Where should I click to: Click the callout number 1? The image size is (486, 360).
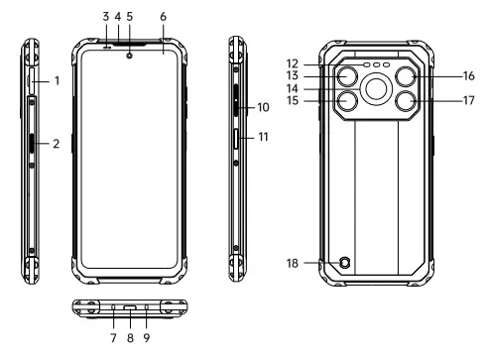click(58, 80)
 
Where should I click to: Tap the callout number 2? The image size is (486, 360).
click(57, 144)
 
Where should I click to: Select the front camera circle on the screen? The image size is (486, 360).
click(129, 56)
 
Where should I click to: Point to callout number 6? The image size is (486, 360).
click(163, 17)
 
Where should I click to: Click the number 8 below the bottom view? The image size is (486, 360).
click(130, 338)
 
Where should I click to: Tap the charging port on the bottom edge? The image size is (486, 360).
click(130, 307)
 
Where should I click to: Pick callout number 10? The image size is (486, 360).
click(263, 107)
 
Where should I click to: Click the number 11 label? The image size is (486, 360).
click(263, 137)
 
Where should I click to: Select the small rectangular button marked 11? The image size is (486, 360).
click(236, 139)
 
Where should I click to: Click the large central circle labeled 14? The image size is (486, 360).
click(376, 89)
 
